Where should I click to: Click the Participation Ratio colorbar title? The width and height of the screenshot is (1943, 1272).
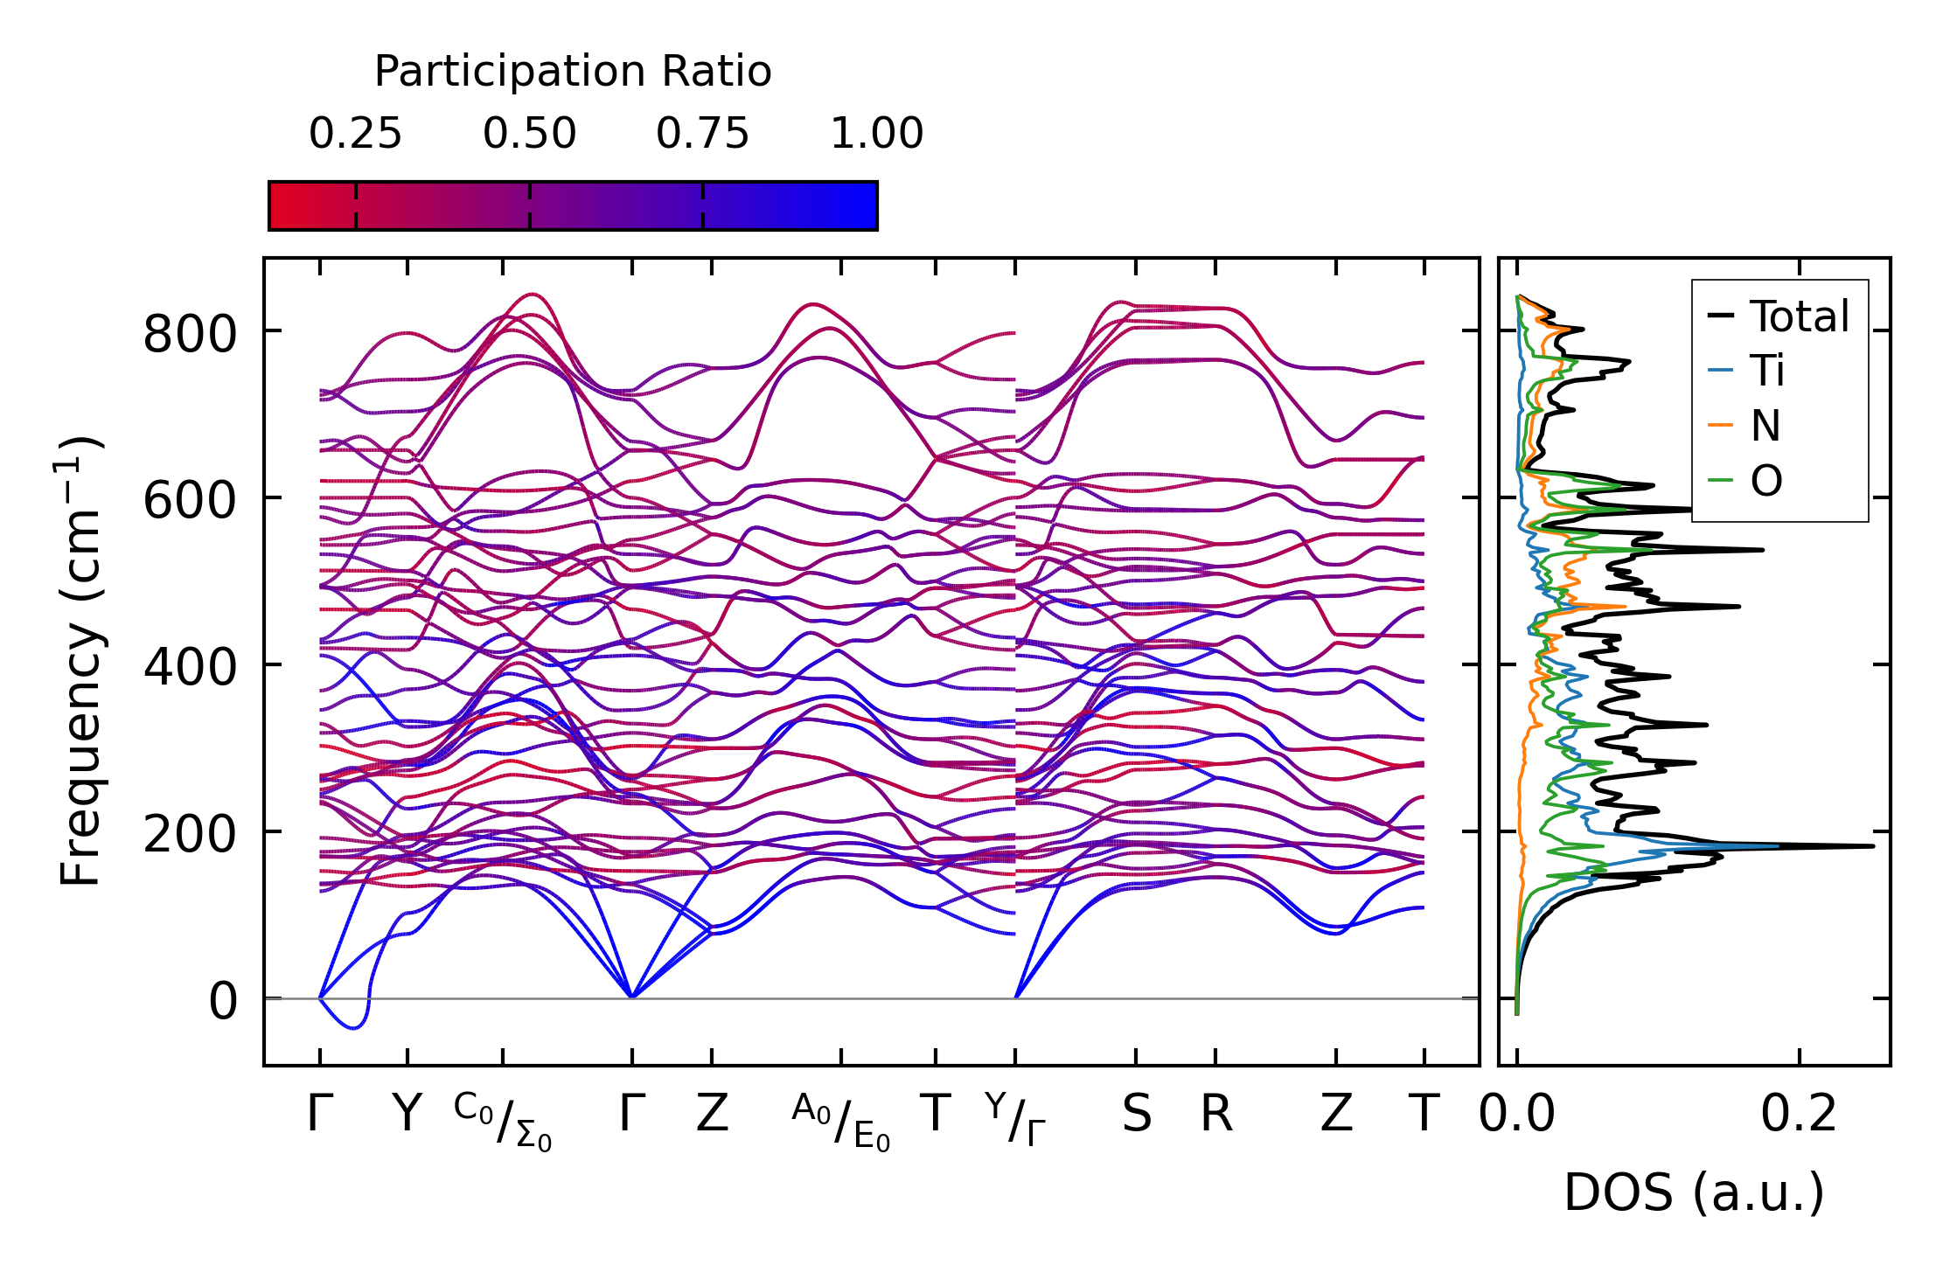coord(573,72)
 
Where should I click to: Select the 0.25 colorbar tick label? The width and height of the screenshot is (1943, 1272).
coord(355,135)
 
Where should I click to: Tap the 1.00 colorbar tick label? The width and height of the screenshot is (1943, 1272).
coord(876,135)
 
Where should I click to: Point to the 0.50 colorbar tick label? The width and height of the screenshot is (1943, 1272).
coord(529,135)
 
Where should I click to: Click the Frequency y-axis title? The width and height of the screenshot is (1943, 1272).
coord(81,662)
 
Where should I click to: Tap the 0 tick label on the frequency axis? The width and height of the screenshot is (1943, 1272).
coord(222,1001)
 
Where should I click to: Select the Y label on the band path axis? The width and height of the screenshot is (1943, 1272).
coord(407,1115)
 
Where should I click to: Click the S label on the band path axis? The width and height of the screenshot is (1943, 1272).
coord(1136,1115)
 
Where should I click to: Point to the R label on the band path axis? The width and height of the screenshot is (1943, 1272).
coord(1215,1115)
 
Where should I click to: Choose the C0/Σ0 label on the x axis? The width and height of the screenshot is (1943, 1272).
coord(503,1121)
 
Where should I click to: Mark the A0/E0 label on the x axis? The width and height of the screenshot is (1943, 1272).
coord(841,1121)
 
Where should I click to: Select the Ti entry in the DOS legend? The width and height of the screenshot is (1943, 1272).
coord(1767,371)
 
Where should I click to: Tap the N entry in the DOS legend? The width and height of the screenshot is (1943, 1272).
coord(1765,426)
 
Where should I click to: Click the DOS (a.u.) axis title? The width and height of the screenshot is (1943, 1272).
coord(1694,1192)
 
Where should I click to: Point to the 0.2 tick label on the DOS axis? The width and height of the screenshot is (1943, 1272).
coord(1799,1115)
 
